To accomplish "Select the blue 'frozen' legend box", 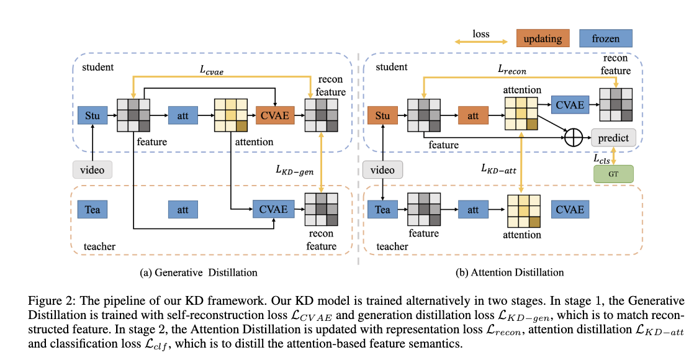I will pos(605,38).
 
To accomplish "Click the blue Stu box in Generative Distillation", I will pos(92,115).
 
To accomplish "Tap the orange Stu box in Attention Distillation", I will pos(382,115).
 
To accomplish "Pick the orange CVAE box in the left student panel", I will pos(273,115).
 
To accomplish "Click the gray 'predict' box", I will pos(614,138).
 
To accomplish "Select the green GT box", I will pos(614,173).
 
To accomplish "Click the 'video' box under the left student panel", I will pos(92,170).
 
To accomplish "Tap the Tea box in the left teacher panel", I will pos(92,210).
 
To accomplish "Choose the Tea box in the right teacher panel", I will pos(382,210).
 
